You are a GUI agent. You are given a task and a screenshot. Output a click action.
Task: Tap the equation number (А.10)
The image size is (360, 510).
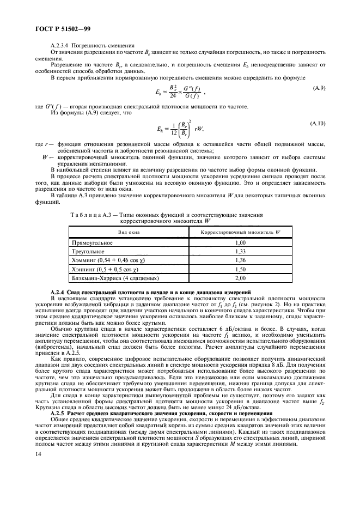click(x=316, y=124)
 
